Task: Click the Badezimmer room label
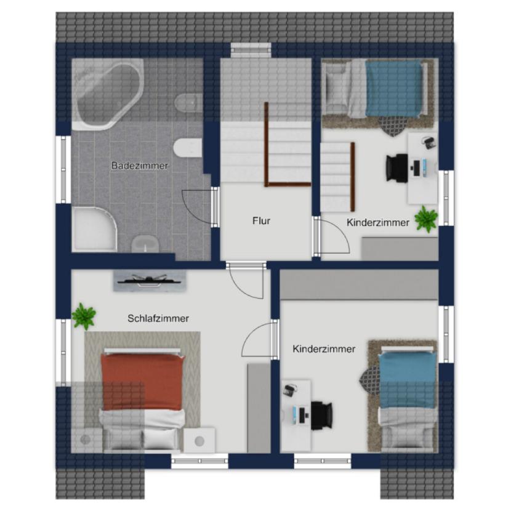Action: (x=140, y=166)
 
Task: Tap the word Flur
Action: (x=261, y=221)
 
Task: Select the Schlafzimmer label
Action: (x=158, y=318)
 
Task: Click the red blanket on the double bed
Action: (x=142, y=381)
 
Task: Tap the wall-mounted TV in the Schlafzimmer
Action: (x=150, y=281)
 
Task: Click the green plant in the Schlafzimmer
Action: (x=84, y=316)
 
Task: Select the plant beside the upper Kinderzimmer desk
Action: (x=426, y=219)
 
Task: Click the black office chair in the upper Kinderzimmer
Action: (x=397, y=167)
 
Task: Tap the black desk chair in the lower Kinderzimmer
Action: (x=321, y=416)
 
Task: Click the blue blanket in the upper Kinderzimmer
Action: (x=393, y=89)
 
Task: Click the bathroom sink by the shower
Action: (x=145, y=244)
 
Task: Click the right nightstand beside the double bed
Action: (x=199, y=440)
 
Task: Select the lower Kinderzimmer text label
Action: (x=324, y=349)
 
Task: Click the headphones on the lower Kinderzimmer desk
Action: (x=289, y=390)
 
